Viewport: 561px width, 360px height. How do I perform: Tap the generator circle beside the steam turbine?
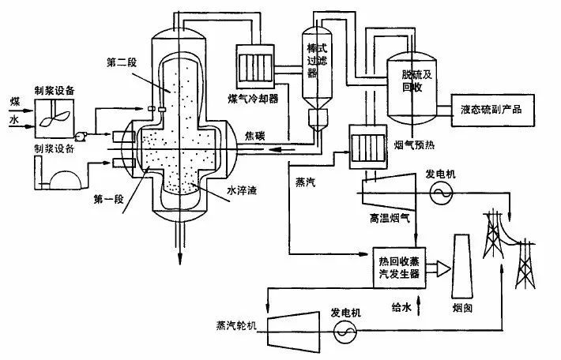click(x=345, y=334)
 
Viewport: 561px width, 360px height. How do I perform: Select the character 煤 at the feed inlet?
click(x=13, y=103)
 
